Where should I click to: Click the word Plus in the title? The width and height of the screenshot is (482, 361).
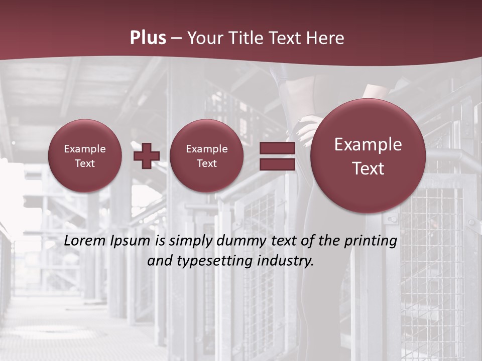(148, 38)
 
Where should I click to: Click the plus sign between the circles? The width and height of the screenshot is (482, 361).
(147, 155)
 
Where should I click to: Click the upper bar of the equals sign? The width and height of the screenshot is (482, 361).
(277, 148)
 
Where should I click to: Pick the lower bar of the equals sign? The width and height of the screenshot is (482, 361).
(277, 164)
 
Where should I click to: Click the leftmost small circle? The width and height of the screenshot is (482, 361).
(85, 155)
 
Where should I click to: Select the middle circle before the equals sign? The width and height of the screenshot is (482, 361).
(207, 155)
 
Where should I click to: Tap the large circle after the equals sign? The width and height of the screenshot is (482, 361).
(368, 156)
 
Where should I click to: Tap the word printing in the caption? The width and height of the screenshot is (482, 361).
(371, 241)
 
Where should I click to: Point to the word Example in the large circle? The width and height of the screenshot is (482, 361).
(368, 144)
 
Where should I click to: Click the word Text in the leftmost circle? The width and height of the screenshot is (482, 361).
(85, 163)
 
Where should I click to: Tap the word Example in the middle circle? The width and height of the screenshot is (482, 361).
(207, 149)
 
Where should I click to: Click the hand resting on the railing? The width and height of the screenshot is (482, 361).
(304, 127)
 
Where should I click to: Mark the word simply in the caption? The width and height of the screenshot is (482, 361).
(187, 241)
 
